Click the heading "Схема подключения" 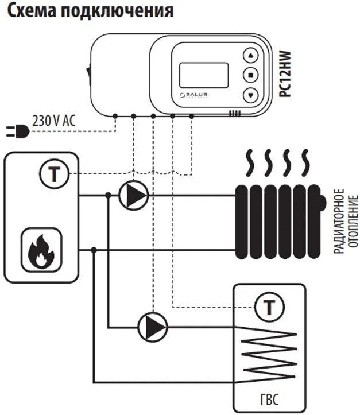(89, 11)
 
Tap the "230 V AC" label (55, 121)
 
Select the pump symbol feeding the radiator (133, 196)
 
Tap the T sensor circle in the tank (268, 308)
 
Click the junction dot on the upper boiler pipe (108, 196)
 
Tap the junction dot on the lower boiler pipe (94, 250)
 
